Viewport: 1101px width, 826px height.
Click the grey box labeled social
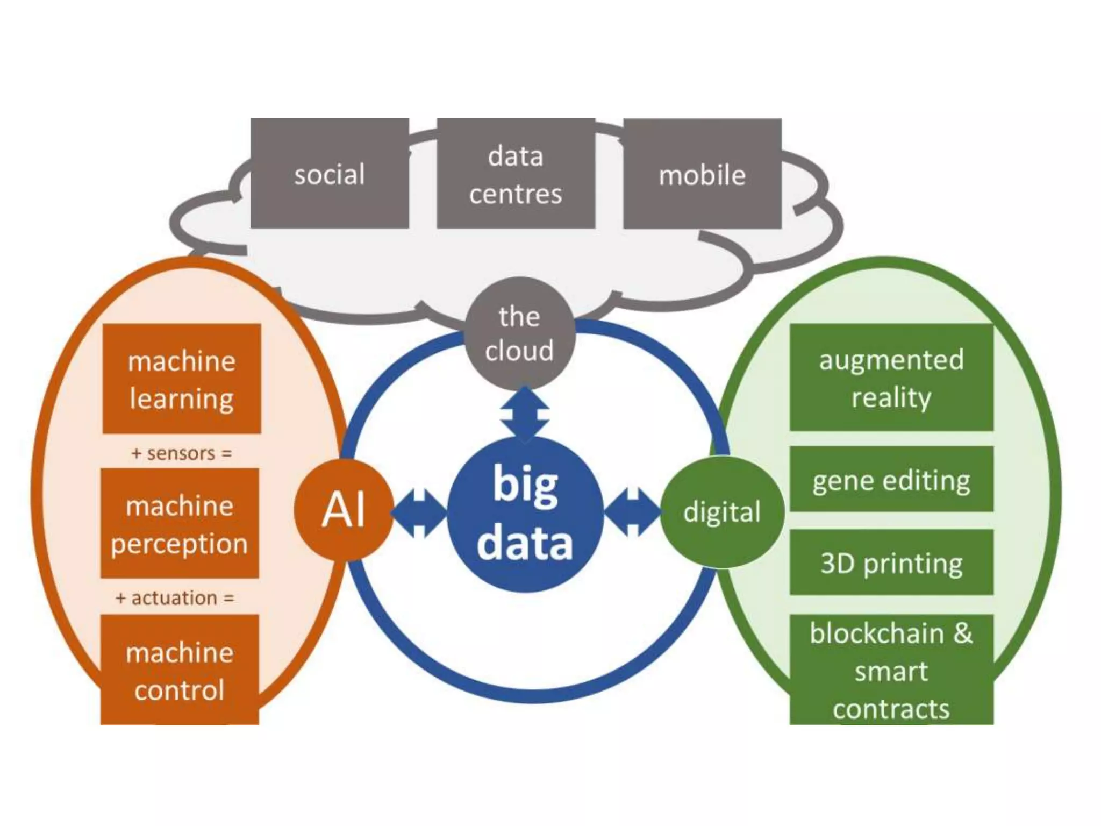[330, 174]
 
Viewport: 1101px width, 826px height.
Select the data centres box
[516, 174]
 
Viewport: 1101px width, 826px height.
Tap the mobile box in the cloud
[702, 174]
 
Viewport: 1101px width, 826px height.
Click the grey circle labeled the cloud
[519, 333]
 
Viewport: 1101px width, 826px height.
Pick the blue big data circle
[525, 514]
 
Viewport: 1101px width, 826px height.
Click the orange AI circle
[344, 510]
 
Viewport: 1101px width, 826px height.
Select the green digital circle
[721, 512]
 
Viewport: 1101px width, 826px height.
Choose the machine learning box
[182, 379]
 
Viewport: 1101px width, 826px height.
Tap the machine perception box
[180, 523]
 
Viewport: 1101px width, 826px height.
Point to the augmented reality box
[891, 377]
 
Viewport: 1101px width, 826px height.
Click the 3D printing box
[891, 562]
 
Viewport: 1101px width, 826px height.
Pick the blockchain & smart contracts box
[891, 670]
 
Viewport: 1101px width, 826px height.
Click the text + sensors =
[182, 453]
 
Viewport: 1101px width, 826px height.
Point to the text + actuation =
[175, 597]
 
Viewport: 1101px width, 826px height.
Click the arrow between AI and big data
[419, 513]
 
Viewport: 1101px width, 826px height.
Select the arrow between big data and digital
[632, 513]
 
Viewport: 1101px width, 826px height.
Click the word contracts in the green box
[891, 709]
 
